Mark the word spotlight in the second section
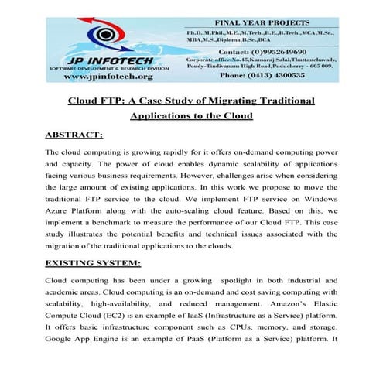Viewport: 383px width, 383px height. point(244,280)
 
